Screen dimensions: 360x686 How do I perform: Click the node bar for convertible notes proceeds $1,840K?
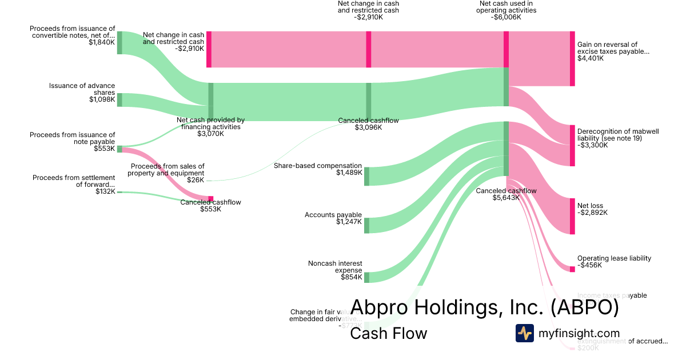coord(119,43)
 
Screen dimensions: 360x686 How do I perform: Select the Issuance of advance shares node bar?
coord(119,100)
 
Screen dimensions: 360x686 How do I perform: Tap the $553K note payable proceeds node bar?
coord(119,149)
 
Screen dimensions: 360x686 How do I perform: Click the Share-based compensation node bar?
coord(366,177)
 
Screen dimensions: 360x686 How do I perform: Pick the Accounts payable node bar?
coord(366,226)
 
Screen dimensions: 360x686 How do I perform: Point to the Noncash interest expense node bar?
coord(366,277)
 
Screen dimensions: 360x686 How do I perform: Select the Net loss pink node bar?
coord(572,216)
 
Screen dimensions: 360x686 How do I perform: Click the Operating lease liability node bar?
coord(572,269)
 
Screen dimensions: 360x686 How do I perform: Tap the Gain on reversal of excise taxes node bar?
coord(572,59)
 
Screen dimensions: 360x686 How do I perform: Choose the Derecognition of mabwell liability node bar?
coord(572,146)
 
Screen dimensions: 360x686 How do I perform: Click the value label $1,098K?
coord(102,100)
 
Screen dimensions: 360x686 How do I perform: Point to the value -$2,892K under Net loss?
coord(592,213)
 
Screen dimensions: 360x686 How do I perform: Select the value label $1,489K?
coord(349,173)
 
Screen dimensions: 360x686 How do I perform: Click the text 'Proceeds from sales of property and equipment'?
coord(167,170)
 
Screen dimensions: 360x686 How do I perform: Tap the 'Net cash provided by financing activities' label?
coord(210,123)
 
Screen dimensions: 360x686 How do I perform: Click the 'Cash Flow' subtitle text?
coord(388,333)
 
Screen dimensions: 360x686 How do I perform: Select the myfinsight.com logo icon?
coord(524,333)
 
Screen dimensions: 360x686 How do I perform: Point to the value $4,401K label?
coord(590,58)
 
